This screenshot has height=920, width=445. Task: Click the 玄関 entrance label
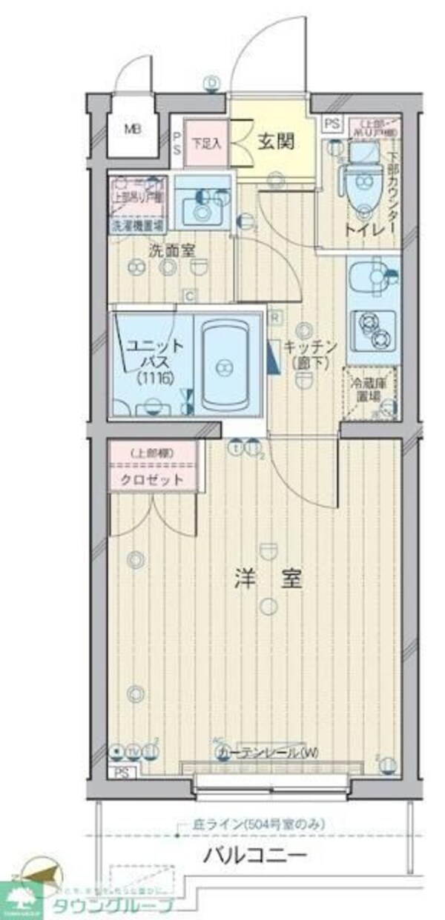click(x=277, y=141)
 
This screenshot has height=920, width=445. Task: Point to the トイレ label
click(x=363, y=230)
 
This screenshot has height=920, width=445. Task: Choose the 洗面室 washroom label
click(x=171, y=250)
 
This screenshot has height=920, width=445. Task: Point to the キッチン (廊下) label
click(x=310, y=353)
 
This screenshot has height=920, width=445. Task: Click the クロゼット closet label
click(x=154, y=479)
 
